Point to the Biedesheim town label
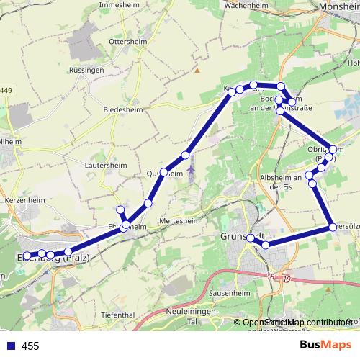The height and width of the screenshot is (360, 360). pos(124,109)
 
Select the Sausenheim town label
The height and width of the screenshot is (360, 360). pos(231,293)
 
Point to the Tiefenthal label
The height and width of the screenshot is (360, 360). pos(118,315)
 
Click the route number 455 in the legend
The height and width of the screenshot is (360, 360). pos(30,346)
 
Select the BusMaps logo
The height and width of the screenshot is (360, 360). pos(325,345)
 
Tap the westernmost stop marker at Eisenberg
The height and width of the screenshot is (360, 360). pos(27,256)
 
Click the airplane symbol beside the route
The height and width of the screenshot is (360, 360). pos(191,171)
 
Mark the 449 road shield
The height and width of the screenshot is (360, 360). pos(5,90)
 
